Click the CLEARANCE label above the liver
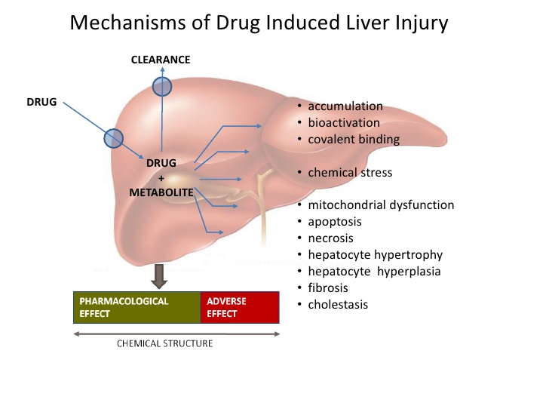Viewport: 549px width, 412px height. (x=161, y=59)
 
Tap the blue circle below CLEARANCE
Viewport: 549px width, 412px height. (x=162, y=87)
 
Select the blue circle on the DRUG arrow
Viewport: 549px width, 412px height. (x=113, y=137)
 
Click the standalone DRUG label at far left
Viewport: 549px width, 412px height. (x=41, y=101)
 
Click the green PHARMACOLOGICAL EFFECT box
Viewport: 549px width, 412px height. (x=136, y=307)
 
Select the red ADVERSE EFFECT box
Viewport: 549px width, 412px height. (x=239, y=307)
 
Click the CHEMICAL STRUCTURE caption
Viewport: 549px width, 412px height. (x=164, y=343)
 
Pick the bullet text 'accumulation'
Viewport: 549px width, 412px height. (x=345, y=106)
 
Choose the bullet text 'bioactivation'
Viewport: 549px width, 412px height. (x=344, y=122)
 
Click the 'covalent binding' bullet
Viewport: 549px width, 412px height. (x=354, y=139)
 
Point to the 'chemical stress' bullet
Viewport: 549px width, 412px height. (x=350, y=173)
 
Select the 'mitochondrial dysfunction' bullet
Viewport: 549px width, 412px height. (x=381, y=205)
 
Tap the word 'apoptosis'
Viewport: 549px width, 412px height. (x=335, y=222)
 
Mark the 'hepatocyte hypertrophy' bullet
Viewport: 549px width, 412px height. (x=375, y=255)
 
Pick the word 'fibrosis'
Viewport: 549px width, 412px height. (x=328, y=287)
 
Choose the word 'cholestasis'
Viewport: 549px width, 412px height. (x=339, y=304)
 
